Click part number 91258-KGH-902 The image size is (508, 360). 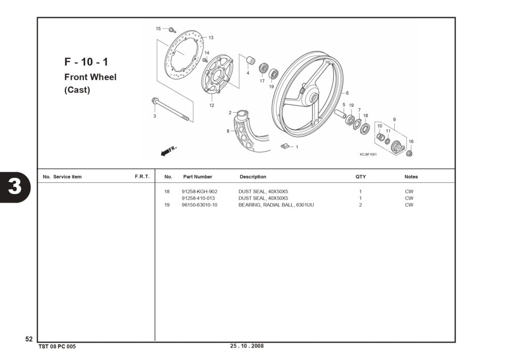(199, 192)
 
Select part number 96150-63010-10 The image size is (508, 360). (199, 205)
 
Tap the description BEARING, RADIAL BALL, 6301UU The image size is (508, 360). (276, 205)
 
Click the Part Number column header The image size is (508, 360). (197, 177)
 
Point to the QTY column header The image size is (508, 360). (361, 177)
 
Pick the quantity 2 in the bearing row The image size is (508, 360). (360, 205)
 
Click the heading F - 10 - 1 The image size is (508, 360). (86, 62)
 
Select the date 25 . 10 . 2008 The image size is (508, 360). (247, 346)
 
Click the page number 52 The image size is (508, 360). (29, 339)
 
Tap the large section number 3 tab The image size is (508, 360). (14, 187)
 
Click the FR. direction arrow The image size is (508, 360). (169, 151)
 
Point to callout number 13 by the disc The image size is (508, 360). (211, 38)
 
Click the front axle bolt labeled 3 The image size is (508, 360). (170, 109)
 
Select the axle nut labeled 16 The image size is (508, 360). (409, 152)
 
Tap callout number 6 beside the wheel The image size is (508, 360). (347, 93)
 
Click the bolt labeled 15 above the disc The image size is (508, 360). (173, 30)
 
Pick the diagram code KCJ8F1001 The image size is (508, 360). (368, 154)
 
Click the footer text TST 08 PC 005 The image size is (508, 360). (57, 347)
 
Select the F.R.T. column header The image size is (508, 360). (142, 177)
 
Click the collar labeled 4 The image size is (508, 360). (251, 61)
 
